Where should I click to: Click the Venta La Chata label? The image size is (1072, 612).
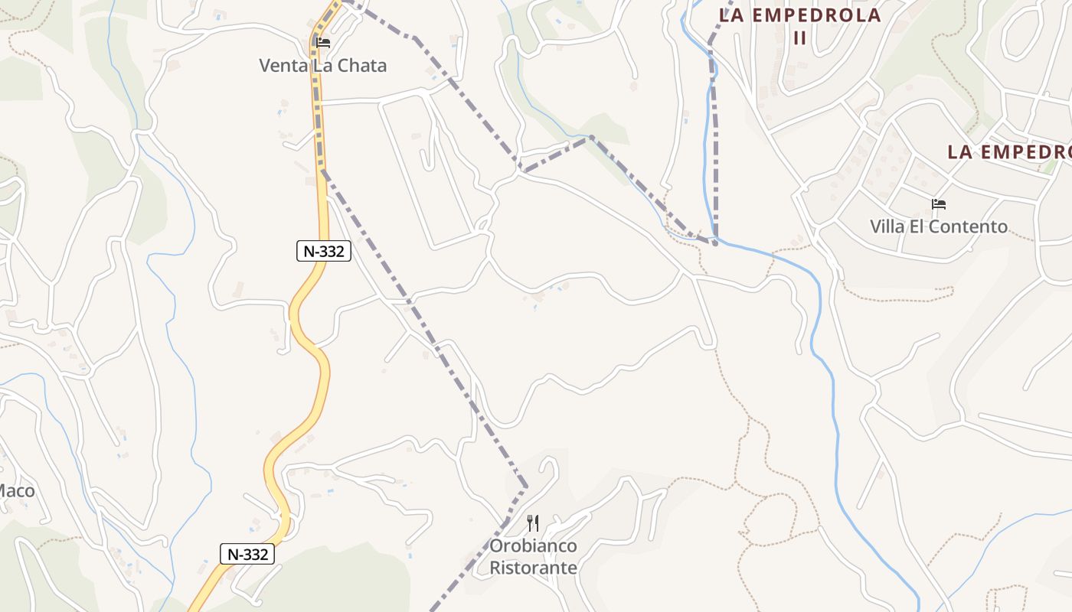(x=322, y=66)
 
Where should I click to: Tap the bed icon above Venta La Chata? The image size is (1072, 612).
(x=323, y=42)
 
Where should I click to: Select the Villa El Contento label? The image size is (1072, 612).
(x=938, y=226)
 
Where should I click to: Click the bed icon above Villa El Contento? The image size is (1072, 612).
(x=939, y=204)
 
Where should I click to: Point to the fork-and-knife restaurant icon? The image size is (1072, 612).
(x=533, y=523)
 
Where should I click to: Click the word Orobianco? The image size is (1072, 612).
(x=533, y=546)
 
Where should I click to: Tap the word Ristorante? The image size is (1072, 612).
(x=533, y=568)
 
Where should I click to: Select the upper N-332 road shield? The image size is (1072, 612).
(x=323, y=251)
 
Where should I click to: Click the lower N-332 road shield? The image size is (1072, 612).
(x=247, y=555)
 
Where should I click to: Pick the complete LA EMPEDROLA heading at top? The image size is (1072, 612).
(x=800, y=15)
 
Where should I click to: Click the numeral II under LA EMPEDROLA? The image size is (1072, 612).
(x=799, y=37)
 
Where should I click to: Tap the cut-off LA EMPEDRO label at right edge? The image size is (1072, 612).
(x=1008, y=151)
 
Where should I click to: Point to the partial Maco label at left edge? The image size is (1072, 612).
(x=17, y=490)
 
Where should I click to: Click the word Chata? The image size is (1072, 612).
(x=362, y=66)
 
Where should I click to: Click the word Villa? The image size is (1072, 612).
(x=886, y=226)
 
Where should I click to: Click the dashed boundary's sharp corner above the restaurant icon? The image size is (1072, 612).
(x=526, y=485)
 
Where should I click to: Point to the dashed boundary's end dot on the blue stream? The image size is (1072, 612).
(x=715, y=243)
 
